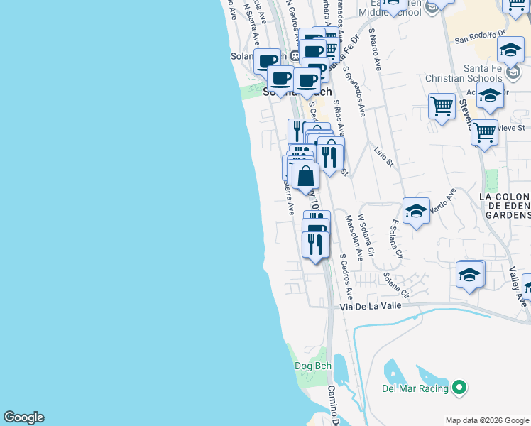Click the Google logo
click(x=23, y=417)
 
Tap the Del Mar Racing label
click(x=415, y=388)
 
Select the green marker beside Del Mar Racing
click(x=459, y=388)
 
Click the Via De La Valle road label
click(x=371, y=305)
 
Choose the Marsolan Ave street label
click(x=354, y=238)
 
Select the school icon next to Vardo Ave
click(x=416, y=210)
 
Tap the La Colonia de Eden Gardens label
click(x=505, y=205)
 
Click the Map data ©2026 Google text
click(x=486, y=420)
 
